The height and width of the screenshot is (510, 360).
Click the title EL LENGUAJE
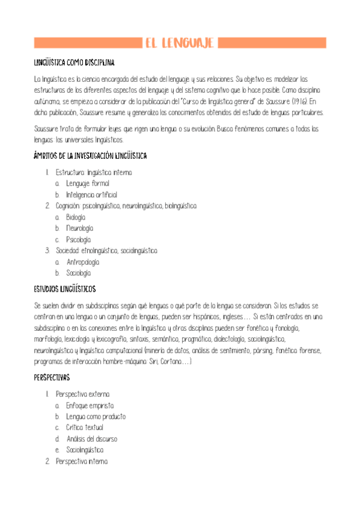(180, 43)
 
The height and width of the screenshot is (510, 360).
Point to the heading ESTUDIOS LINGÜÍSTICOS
(65, 288)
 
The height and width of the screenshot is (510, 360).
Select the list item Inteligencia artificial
(91, 195)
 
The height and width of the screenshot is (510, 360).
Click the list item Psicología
(78, 239)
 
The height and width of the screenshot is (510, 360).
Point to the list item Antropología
(83, 262)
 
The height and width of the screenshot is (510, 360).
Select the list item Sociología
(78, 272)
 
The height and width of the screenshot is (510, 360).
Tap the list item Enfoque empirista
(90, 405)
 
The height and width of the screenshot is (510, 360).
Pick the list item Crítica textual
(85, 428)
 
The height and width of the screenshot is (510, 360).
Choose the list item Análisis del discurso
(92, 438)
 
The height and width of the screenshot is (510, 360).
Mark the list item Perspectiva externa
(82, 394)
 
